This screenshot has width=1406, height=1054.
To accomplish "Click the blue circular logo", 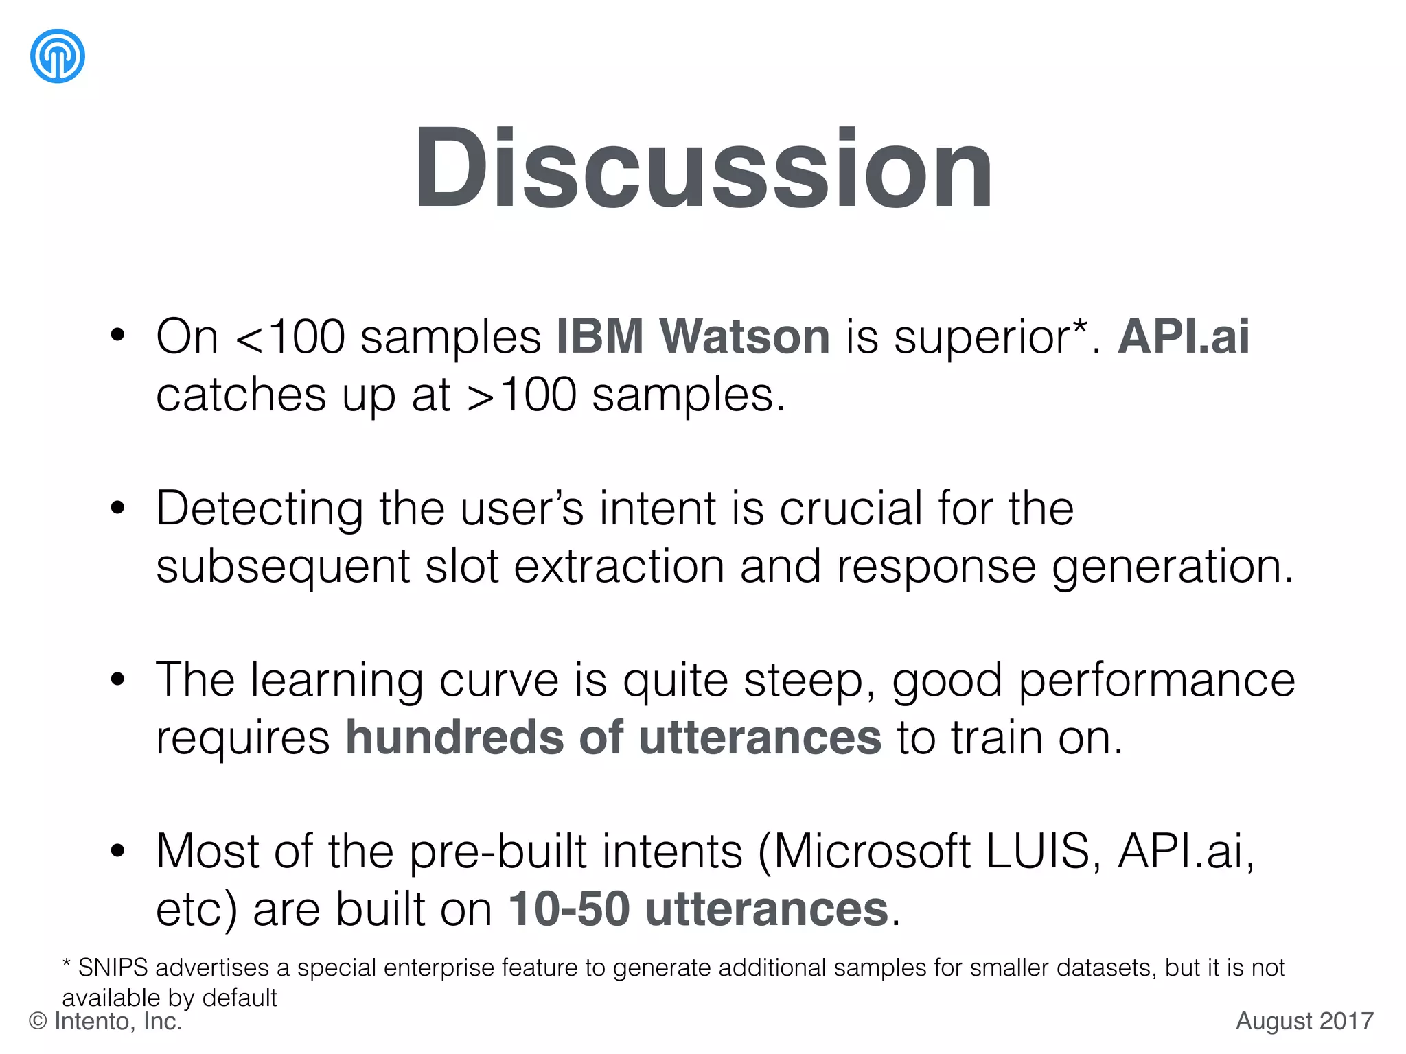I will coord(58,56).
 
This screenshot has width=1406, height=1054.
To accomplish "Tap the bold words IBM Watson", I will coord(693,336).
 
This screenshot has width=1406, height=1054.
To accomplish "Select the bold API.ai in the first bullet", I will coord(1183,336).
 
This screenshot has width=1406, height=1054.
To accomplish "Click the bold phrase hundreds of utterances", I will coord(613,738).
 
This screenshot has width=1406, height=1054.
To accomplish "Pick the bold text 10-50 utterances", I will coord(698,909).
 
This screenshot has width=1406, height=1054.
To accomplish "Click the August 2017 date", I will coord(1304,1021).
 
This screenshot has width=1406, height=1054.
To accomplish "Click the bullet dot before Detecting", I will coord(118,508).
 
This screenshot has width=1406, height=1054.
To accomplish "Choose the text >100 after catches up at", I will coord(521,395).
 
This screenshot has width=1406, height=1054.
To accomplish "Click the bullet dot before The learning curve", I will coord(118,680).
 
